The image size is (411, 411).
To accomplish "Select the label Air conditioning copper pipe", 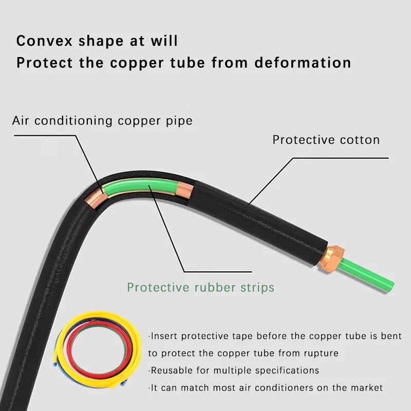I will click(x=102, y=121).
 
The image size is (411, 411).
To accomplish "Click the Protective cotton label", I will click(x=326, y=140).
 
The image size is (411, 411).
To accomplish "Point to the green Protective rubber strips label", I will click(x=200, y=287).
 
